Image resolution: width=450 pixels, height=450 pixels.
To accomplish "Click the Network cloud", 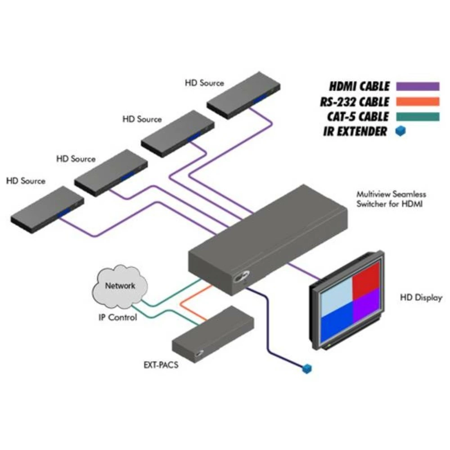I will coord(120,287).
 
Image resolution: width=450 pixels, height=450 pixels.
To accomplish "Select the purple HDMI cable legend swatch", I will coord(417,86).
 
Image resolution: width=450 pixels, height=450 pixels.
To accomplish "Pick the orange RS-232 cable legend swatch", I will coord(417,102).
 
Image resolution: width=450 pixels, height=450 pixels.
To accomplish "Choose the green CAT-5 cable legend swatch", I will coord(417,117).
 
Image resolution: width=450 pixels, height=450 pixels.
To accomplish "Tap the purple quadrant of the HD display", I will coord(367,311).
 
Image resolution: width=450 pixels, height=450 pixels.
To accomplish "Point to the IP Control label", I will coord(118,317).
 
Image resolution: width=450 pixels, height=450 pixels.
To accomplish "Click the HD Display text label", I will coord(421,297).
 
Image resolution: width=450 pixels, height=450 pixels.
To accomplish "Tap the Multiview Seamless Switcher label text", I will coord(391,199).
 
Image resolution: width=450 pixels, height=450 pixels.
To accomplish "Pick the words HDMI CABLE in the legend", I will coord(359,86).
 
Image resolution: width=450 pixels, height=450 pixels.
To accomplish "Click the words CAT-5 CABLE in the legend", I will coord(358,117).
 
